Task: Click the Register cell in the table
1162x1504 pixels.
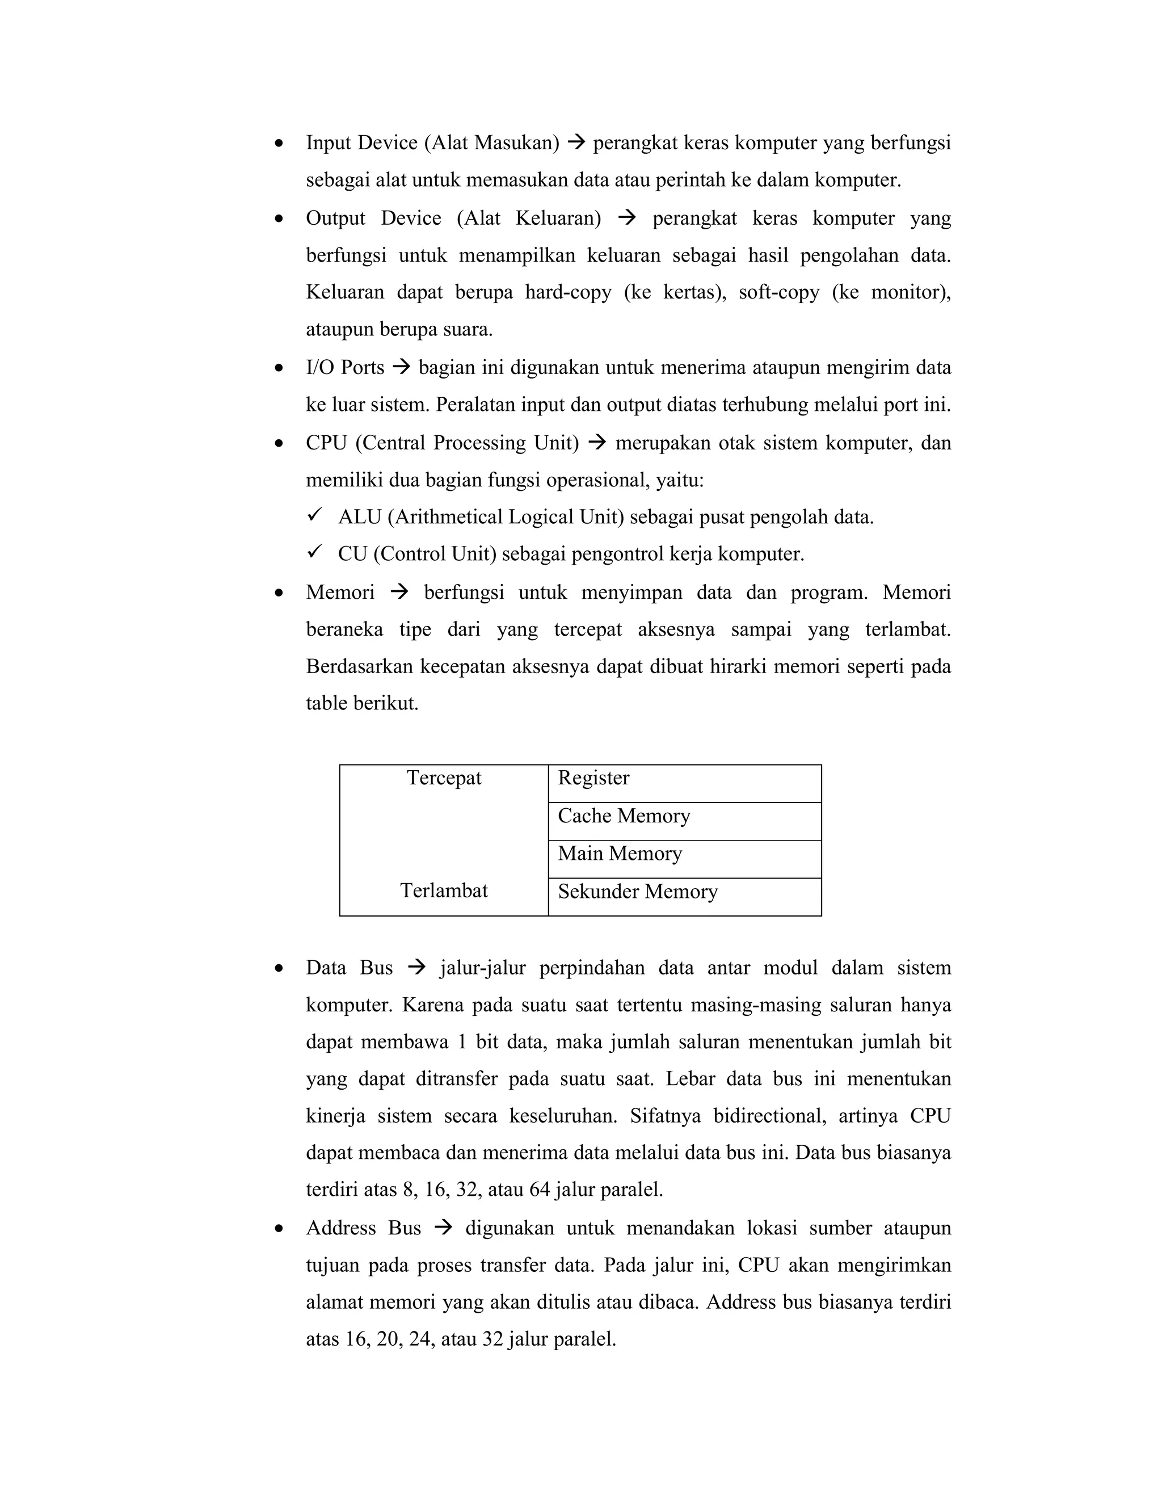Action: [684, 783]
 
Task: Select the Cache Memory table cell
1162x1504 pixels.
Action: [684, 821]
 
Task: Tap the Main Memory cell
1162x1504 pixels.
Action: [684, 859]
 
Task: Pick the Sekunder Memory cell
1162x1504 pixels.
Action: [684, 897]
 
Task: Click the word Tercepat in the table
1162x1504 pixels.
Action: [444, 778]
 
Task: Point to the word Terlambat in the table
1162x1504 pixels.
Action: [444, 890]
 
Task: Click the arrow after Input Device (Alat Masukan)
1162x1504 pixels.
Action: [576, 142]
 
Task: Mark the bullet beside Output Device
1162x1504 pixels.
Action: [279, 219]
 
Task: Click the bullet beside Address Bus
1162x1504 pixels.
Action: [279, 1229]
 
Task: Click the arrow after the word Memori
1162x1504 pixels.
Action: [399, 592]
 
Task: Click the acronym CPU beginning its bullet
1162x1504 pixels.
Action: [326, 443]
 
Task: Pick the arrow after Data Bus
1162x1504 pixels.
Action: [416, 968]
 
